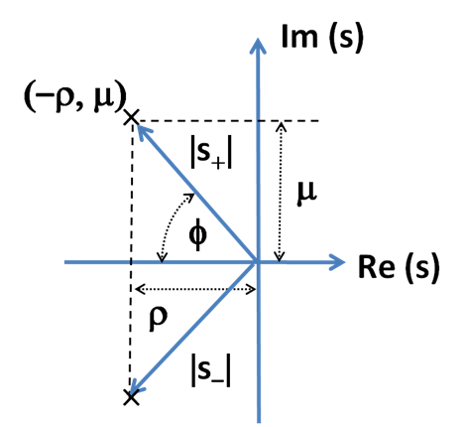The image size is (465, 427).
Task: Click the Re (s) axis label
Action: (x=399, y=267)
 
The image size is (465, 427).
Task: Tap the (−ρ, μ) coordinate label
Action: (x=75, y=98)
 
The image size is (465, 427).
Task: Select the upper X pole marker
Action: (x=131, y=117)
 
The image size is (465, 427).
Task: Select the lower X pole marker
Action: (x=131, y=397)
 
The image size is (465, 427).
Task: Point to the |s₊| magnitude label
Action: (x=211, y=155)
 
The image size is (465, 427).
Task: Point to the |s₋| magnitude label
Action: (x=211, y=369)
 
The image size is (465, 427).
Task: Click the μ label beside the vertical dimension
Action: (x=307, y=194)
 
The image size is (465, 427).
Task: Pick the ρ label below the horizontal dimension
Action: (x=158, y=319)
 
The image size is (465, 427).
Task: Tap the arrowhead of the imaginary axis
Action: (x=258, y=46)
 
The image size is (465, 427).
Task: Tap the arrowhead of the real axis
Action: (x=337, y=262)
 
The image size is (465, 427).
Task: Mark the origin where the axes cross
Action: (x=258, y=262)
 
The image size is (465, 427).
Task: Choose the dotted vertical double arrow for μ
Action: (x=281, y=192)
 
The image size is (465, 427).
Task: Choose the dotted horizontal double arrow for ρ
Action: (x=195, y=289)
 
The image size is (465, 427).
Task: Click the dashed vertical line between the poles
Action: (x=131, y=257)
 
